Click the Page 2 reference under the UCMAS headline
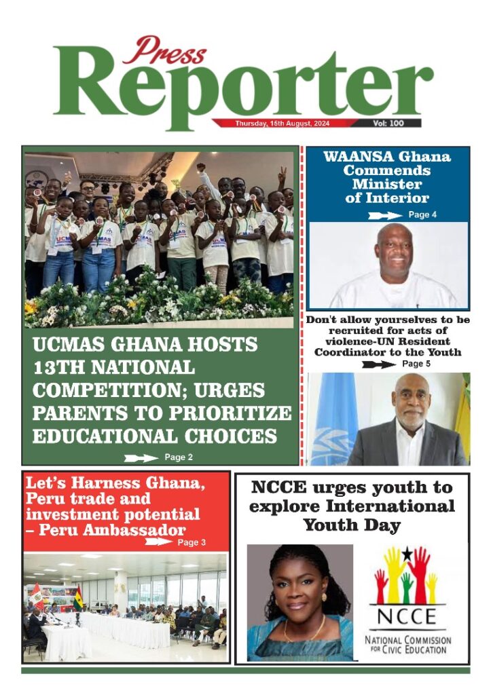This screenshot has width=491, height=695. (179, 457)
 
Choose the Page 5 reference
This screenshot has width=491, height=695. (416, 364)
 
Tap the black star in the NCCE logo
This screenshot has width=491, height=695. (407, 554)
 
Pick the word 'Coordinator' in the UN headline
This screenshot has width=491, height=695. (347, 352)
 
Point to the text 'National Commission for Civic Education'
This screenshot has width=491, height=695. (407, 645)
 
